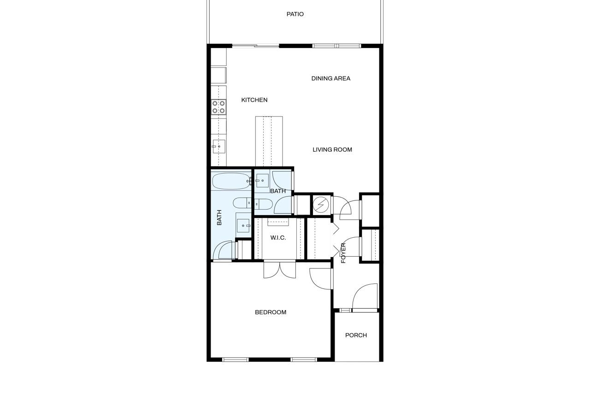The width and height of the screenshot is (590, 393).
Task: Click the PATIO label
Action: [x=295, y=14]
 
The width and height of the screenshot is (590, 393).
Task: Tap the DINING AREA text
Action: [x=331, y=78]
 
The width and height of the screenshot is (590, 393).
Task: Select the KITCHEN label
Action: [x=254, y=100]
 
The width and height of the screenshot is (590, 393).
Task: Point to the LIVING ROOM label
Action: [x=332, y=150]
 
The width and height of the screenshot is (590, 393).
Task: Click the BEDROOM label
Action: [x=271, y=312]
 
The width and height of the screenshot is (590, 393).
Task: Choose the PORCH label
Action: [x=356, y=335]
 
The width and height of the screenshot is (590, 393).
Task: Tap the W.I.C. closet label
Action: [x=278, y=238]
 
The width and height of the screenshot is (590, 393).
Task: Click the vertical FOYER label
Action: [x=343, y=253]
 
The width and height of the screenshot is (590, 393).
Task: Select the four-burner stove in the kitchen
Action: [x=218, y=107]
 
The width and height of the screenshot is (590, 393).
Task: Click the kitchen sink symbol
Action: [x=218, y=147]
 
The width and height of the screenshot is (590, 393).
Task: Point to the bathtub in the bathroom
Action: [x=231, y=181]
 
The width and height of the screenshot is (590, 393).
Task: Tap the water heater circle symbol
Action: [x=321, y=205]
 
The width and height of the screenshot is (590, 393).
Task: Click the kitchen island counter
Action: [x=269, y=141]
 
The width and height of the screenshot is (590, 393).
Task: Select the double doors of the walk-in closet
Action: [x=280, y=270]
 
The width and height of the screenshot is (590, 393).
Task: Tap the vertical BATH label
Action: [x=219, y=217]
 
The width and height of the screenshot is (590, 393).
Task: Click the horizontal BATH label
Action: [x=278, y=191]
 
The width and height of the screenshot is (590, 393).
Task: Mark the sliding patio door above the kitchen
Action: [x=255, y=46]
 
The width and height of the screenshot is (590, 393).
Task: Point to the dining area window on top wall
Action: [x=336, y=46]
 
